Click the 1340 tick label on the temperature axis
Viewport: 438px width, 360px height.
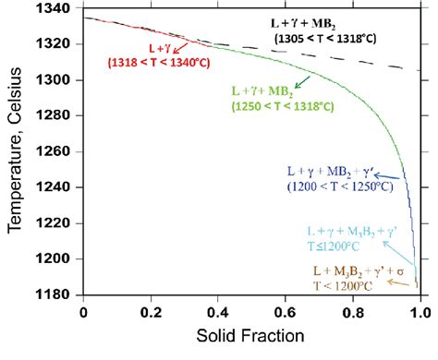click(x=59, y=9)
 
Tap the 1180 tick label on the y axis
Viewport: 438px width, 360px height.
click(x=59, y=294)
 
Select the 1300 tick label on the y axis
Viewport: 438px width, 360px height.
click(x=59, y=81)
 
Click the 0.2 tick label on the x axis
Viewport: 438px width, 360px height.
click(x=151, y=313)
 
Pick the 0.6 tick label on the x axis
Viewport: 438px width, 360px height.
click(x=286, y=313)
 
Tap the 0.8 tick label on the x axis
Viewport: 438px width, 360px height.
click(x=353, y=313)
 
